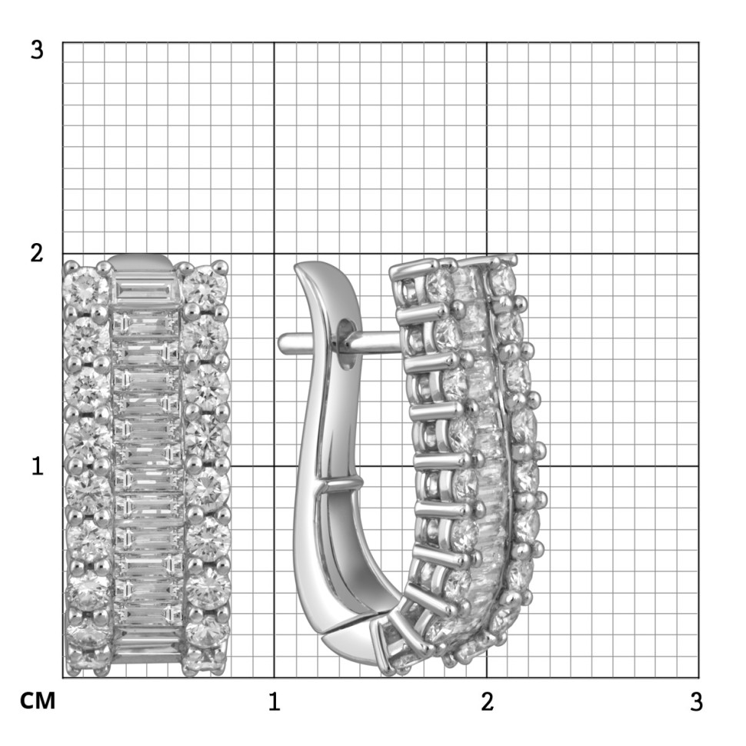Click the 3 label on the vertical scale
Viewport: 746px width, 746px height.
[x=37, y=50]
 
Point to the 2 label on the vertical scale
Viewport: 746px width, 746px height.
[x=37, y=253]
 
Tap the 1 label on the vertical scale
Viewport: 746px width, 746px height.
[x=38, y=466]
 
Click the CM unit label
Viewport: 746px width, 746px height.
[x=38, y=701]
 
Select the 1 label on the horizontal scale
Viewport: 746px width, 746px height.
[x=274, y=701]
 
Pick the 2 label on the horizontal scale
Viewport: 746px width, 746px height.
[x=487, y=701]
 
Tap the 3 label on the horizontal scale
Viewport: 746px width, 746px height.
[x=696, y=701]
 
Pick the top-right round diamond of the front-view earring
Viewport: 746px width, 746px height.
[x=205, y=287]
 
